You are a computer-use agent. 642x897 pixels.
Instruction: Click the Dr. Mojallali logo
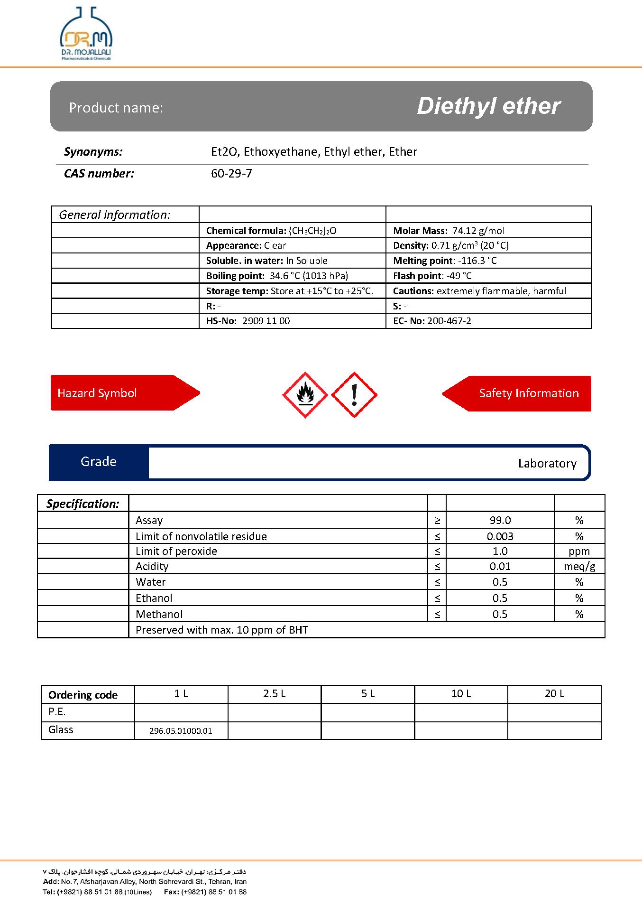(x=86, y=34)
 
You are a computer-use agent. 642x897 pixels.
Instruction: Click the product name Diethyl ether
(x=488, y=106)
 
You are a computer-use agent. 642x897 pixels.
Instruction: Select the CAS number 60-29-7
(x=231, y=174)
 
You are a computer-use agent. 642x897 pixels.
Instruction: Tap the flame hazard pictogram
(x=305, y=395)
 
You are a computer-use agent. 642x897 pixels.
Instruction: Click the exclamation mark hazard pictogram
(x=354, y=395)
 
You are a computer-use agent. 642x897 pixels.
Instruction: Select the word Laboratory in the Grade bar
(x=547, y=464)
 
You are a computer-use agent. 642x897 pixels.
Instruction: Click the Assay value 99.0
(x=500, y=520)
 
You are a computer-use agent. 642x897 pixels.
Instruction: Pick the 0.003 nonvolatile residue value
(x=500, y=536)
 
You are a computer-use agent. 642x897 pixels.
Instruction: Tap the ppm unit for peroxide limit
(x=579, y=551)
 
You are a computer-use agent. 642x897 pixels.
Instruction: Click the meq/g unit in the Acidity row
(x=579, y=566)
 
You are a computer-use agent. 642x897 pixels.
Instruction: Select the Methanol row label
(x=159, y=614)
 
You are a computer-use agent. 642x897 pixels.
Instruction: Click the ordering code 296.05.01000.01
(x=181, y=731)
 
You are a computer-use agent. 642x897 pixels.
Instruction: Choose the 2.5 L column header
(x=274, y=694)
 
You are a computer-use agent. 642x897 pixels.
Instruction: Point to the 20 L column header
(x=554, y=694)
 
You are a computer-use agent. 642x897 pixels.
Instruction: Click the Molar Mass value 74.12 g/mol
(x=478, y=231)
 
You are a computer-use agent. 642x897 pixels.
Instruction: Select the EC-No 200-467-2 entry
(x=449, y=321)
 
